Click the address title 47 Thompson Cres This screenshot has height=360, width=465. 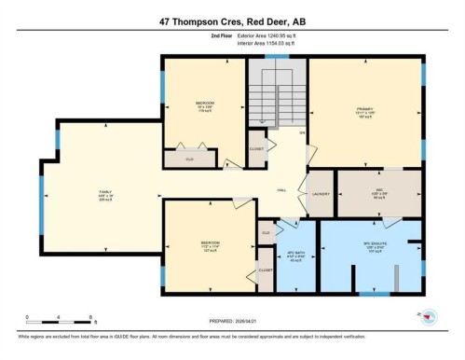[x=232, y=21]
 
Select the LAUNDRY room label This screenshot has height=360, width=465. [x=320, y=194]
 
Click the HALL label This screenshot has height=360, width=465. [x=281, y=189]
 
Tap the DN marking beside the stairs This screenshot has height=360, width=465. [x=302, y=133]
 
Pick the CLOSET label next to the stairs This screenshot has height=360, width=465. [x=256, y=149]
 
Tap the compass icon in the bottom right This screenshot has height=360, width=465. [x=430, y=316]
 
